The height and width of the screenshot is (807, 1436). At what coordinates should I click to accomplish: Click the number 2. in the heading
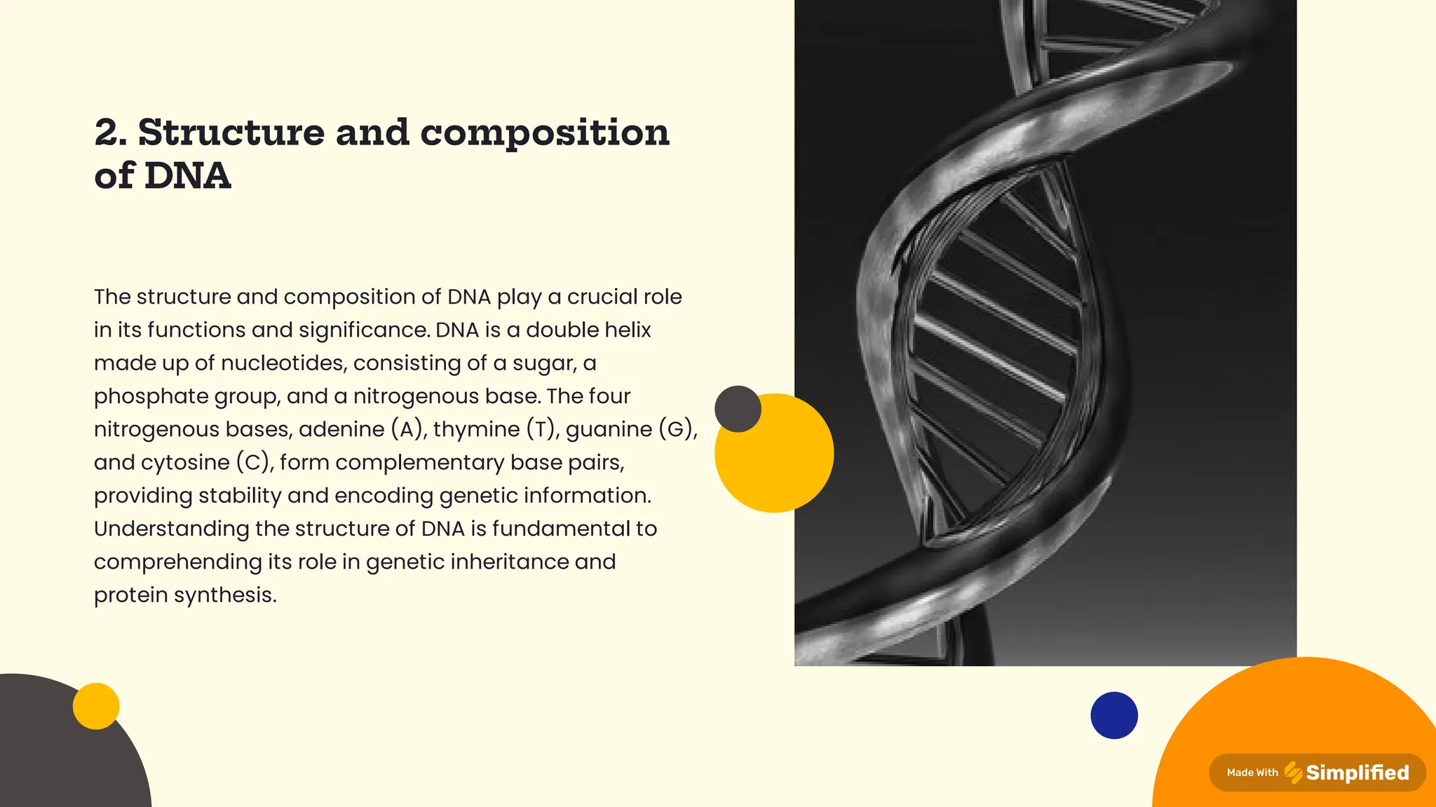coord(111,133)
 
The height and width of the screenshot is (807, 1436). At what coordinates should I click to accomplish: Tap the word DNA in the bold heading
coord(187,175)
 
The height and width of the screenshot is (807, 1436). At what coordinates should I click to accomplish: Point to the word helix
coord(625,330)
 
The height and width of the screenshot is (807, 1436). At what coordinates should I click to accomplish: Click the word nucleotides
coord(283,363)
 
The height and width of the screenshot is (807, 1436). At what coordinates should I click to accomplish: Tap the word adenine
coord(341,429)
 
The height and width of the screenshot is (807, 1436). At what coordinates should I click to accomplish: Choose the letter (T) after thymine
coord(541,429)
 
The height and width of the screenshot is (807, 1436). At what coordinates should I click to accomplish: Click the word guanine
coord(609,429)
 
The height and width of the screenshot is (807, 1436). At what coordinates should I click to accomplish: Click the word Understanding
coord(171,529)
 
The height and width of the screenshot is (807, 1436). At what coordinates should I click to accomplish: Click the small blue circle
coord(1113,715)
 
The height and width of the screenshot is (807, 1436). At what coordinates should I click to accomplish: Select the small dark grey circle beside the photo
coord(738,409)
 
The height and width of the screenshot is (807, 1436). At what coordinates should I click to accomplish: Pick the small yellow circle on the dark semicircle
coord(96,706)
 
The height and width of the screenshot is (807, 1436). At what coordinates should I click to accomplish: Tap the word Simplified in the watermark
coord(1357,773)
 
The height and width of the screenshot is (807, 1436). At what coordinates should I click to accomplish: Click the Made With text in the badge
coord(1252,773)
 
